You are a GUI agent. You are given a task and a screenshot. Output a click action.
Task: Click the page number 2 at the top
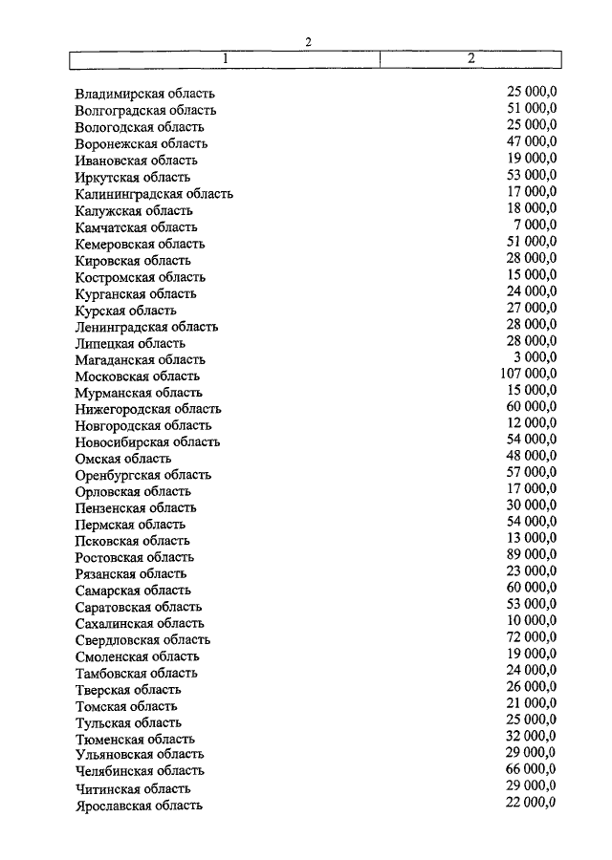click(308, 41)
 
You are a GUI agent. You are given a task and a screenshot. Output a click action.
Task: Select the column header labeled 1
click(225, 58)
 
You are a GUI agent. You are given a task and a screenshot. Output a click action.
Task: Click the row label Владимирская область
click(144, 94)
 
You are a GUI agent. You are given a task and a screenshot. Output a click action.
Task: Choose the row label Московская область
click(137, 376)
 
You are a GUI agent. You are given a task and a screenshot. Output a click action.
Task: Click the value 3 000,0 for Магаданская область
click(533, 357)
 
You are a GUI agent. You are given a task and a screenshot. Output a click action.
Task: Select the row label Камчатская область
click(136, 227)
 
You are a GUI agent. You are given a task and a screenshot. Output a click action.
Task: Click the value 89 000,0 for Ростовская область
click(531, 554)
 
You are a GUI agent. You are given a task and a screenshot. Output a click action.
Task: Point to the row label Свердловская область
click(142, 640)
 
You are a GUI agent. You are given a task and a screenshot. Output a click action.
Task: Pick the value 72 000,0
click(531, 637)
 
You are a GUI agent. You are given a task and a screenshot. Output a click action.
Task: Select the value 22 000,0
click(531, 802)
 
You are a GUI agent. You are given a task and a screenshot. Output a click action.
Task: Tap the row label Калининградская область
click(153, 194)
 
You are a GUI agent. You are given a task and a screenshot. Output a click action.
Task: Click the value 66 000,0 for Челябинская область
click(531, 768)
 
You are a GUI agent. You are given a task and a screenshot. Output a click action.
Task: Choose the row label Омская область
click(122, 459)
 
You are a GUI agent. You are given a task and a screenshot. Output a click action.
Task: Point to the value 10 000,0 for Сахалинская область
click(531, 620)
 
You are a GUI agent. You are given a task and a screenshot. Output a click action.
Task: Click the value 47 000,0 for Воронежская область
click(531, 141)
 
